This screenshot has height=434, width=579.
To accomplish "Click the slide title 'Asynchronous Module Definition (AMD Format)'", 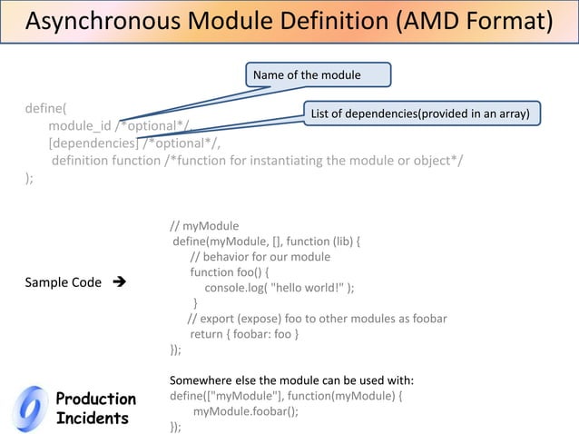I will click(x=289, y=22).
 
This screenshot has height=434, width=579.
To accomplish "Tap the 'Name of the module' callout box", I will click(x=317, y=74).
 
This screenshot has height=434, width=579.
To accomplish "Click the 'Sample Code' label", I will click(x=63, y=282).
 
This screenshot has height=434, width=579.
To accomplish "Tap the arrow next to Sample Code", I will click(x=119, y=282).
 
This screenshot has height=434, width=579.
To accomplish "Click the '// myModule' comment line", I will click(x=204, y=225).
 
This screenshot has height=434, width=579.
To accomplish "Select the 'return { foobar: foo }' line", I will click(x=244, y=334).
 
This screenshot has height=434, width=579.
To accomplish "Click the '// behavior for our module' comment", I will click(x=260, y=257).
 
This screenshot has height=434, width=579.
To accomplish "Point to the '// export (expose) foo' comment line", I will click(x=317, y=319).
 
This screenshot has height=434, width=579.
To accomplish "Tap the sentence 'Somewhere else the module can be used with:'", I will click(x=291, y=380).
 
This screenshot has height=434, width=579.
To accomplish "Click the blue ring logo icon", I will click(x=32, y=409).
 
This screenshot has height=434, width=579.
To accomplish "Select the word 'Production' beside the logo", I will click(x=95, y=399).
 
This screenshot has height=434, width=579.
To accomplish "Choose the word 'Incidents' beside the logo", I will click(x=92, y=419).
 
